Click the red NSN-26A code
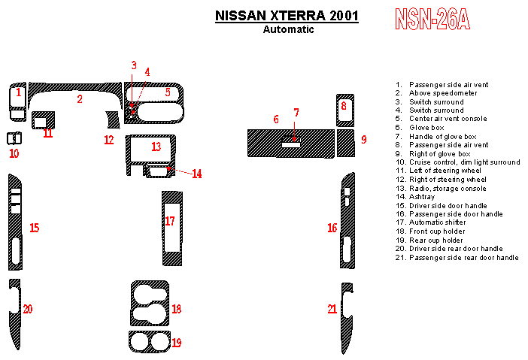(432, 20)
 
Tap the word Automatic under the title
(289, 30)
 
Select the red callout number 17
(170, 221)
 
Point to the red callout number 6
(276, 119)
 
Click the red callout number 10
(14, 153)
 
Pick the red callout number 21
(332, 309)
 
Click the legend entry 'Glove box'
(426, 128)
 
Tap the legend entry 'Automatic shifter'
(438, 222)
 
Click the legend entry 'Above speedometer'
(443, 93)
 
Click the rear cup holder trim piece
(148, 342)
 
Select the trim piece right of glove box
(345, 143)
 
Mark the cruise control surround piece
(14, 138)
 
